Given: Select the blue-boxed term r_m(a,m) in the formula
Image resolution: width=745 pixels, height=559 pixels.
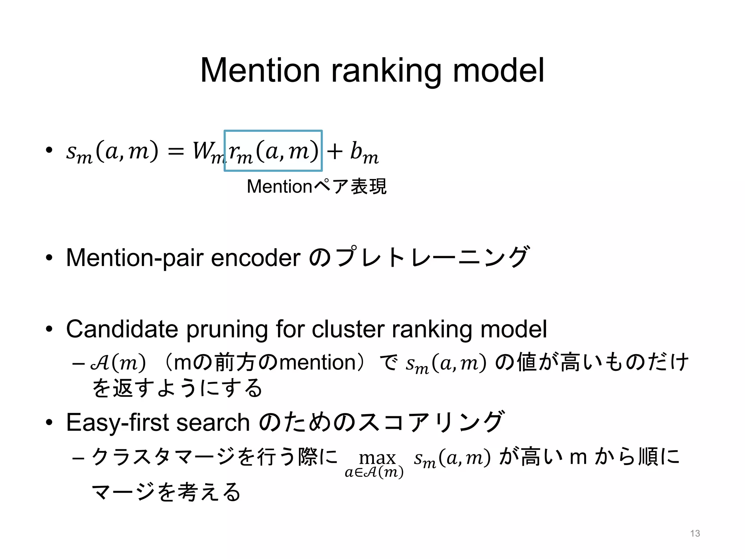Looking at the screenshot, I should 273,151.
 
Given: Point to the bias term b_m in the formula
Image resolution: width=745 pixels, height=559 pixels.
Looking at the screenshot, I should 364,152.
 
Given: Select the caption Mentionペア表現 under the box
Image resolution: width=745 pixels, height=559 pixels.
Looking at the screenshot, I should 316,187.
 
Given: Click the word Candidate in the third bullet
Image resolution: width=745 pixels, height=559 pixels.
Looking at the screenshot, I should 122,329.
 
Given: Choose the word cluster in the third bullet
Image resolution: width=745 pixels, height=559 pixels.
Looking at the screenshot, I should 347,329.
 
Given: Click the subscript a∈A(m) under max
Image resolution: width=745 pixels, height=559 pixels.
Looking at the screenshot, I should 374,472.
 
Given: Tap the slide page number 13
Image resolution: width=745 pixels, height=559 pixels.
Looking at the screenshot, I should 695,534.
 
